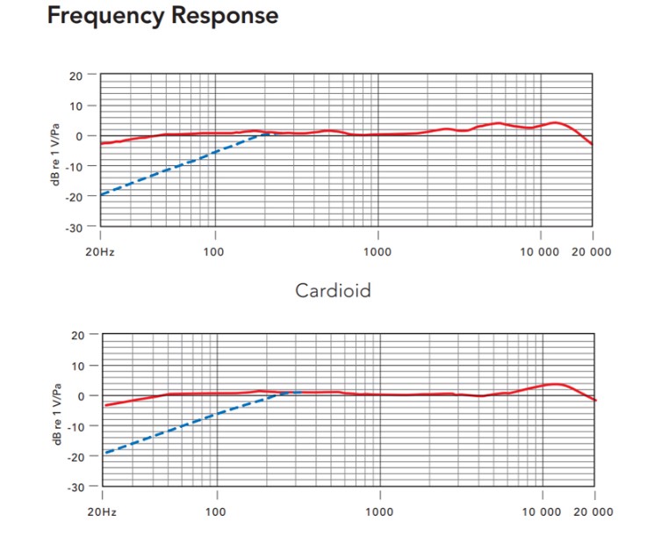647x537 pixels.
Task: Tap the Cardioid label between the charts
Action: pyautogui.click(x=333, y=290)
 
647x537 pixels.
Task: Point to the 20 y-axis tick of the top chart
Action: pyautogui.click(x=77, y=76)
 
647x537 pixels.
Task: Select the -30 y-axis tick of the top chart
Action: pyautogui.click(x=75, y=228)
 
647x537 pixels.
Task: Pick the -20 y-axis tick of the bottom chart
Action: pyautogui.click(x=75, y=456)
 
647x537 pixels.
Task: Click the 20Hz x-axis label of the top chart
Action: pyautogui.click(x=100, y=251)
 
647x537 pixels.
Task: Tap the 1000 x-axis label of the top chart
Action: pyautogui.click(x=378, y=251)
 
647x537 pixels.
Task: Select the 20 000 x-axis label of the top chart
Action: pyautogui.click(x=593, y=251)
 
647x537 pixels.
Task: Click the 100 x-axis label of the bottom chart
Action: pyautogui.click(x=215, y=512)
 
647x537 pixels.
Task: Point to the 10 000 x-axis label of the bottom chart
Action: pyautogui.click(x=541, y=512)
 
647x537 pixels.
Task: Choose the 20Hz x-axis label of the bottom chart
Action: pyautogui.click(x=100, y=512)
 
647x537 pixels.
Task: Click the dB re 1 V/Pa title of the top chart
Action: pyautogui.click(x=55, y=151)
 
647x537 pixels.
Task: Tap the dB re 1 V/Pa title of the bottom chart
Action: pyautogui.click(x=55, y=411)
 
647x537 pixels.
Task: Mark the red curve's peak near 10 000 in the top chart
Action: pyautogui.click(x=555, y=122)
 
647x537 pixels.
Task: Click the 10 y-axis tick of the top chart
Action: pyautogui.click(x=77, y=106)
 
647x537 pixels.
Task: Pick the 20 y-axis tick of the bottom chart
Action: pyautogui.click(x=77, y=335)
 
